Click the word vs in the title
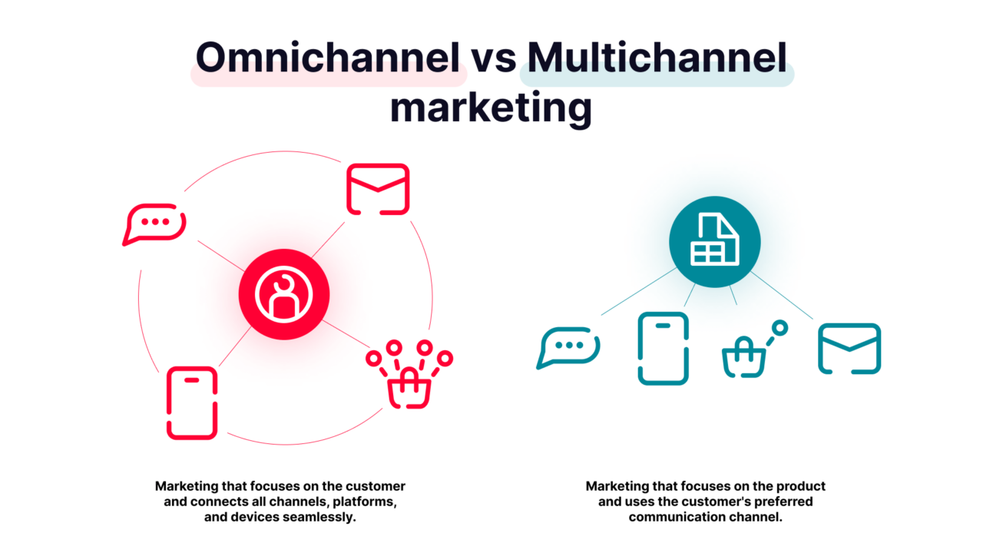point(493,58)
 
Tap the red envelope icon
point(378,189)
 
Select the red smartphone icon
point(192,403)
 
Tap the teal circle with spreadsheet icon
point(714,241)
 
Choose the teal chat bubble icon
point(568,347)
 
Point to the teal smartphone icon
point(664,349)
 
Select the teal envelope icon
point(849,349)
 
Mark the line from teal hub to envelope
point(782,295)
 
